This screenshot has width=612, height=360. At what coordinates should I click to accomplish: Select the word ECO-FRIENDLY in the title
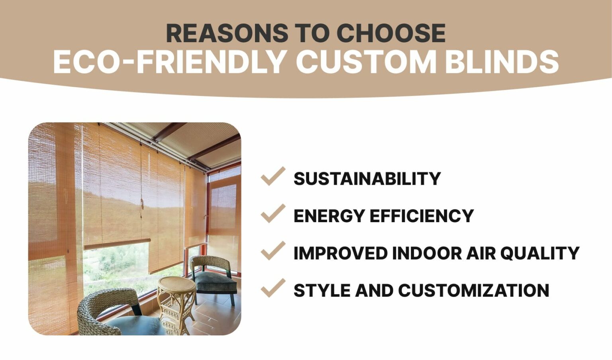tap(169, 62)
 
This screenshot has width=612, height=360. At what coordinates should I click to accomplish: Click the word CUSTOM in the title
tap(366, 62)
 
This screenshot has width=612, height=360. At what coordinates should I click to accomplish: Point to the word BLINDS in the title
tap(502, 62)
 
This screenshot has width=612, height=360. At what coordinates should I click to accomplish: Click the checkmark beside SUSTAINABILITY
tap(273, 176)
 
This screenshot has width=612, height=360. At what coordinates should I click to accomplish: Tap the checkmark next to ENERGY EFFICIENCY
tap(273, 214)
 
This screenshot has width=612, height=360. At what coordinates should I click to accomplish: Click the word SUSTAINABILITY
tap(367, 179)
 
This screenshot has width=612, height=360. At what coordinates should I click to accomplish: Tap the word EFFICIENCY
tap(422, 216)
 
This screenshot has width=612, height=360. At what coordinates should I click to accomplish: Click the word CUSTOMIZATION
tap(473, 290)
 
